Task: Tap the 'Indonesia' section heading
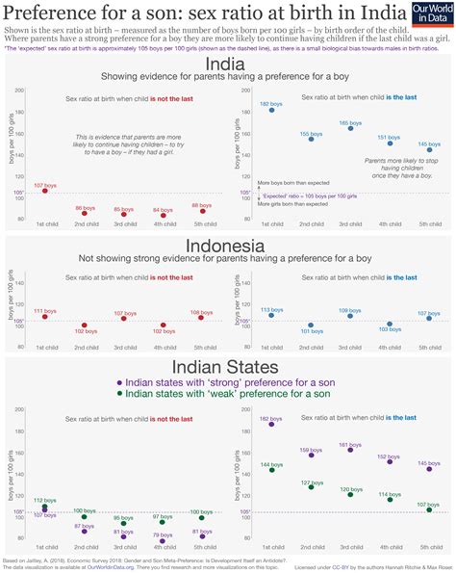click(228, 246)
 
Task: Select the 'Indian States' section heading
click(228, 367)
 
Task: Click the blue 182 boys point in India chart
click(271, 110)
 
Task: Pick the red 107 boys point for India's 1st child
click(44, 191)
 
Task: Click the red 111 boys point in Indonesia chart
click(44, 317)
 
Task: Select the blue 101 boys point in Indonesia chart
click(310, 326)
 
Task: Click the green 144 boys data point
click(271, 470)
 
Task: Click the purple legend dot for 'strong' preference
click(118, 382)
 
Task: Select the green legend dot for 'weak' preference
click(118, 393)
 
